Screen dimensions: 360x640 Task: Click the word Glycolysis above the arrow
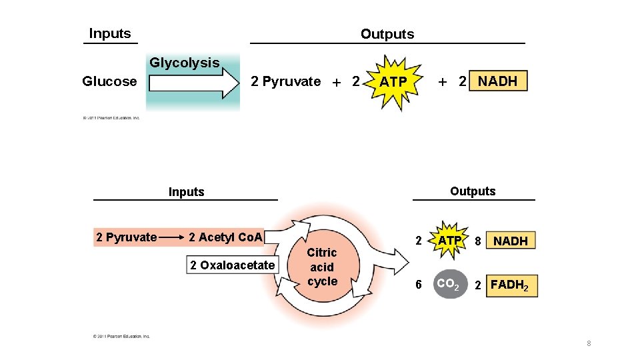184,63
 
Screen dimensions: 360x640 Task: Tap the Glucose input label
109,82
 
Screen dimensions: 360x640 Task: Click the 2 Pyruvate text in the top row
285,82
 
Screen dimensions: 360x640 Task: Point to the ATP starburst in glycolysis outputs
393,82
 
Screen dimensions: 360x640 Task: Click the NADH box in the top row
498,81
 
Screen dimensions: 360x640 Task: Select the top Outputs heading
387,34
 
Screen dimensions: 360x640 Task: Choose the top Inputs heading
110,34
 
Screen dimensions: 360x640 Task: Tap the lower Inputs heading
186,192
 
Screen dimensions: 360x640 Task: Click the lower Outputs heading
473,191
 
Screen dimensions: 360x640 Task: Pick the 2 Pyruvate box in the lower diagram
126,237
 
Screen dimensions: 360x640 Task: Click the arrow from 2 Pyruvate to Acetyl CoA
172,237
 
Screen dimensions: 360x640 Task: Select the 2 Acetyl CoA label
226,237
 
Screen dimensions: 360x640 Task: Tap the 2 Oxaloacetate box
232,265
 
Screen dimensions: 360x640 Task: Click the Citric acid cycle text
322,267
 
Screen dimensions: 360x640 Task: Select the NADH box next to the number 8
511,241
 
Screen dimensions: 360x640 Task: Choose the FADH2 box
511,285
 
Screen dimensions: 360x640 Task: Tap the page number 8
589,343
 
